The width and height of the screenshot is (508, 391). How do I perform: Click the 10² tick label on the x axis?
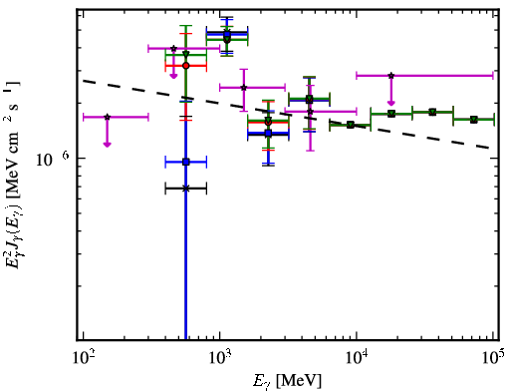pyautogui.click(x=83, y=358)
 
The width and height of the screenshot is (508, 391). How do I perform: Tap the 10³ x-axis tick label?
pyautogui.click(x=220, y=358)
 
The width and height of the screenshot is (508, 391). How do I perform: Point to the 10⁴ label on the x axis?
pyautogui.click(x=357, y=358)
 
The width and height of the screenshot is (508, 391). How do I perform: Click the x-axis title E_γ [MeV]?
pyautogui.click(x=287, y=381)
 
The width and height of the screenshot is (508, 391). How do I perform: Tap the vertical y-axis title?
pyautogui.click(x=13, y=173)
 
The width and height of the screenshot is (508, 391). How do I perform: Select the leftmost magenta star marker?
pyautogui.click(x=107, y=117)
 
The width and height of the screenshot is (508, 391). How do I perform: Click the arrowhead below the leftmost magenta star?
pyautogui.click(x=107, y=144)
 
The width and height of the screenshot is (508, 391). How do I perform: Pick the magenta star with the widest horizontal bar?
pyautogui.click(x=391, y=76)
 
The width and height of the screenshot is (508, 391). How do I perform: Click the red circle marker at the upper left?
pyautogui.click(x=186, y=66)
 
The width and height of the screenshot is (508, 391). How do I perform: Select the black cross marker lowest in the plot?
pyautogui.click(x=186, y=189)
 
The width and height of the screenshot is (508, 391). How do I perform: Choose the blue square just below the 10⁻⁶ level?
pyautogui.click(x=186, y=162)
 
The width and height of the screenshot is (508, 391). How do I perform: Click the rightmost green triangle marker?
pyautogui.click(x=474, y=120)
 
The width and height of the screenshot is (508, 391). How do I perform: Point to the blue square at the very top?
pyautogui.click(x=227, y=34)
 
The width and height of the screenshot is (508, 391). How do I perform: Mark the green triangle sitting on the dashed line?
pyautogui.click(x=351, y=125)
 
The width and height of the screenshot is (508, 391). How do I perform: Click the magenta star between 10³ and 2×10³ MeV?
pyautogui.click(x=244, y=88)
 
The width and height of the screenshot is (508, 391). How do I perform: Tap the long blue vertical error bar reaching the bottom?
pyautogui.click(x=186, y=220)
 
